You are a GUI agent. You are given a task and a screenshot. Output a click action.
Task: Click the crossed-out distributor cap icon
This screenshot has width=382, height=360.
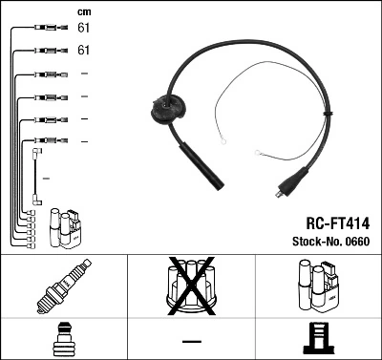[x=191, y=286]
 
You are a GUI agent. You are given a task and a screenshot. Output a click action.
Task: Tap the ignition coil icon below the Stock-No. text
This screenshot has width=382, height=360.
[x=318, y=286]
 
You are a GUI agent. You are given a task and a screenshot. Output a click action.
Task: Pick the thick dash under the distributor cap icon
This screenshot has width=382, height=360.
[x=191, y=341]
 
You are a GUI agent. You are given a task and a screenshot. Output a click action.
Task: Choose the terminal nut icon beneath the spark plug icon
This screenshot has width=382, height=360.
[x=62, y=340]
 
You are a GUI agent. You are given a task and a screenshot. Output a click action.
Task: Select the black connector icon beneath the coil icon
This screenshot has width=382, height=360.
[x=318, y=340]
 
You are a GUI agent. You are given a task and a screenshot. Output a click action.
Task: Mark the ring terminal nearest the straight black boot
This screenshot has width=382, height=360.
[x=222, y=145]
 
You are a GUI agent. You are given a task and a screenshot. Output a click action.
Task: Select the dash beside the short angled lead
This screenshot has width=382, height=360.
[x=45, y=178]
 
